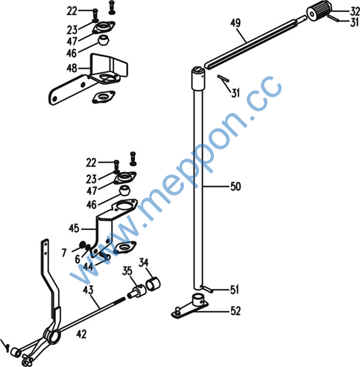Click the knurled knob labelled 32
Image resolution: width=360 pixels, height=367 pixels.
point(320,11)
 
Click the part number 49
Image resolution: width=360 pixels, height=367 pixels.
point(236,23)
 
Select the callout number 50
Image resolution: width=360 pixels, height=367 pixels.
point(236,186)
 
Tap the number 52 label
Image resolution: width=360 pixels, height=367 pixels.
point(236,311)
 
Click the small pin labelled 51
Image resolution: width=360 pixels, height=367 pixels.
point(208,289)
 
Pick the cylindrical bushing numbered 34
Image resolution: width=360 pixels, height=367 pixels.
point(154,283)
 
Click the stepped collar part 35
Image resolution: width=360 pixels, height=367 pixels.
point(136,292)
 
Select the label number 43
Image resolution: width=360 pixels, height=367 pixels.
point(88,290)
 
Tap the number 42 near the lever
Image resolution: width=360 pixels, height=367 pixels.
point(81,334)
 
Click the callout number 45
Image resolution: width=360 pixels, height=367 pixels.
point(74,229)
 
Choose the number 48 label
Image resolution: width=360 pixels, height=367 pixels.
point(72,68)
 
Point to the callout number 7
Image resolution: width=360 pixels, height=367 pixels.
point(64,253)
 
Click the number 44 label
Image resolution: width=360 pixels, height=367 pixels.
point(89,267)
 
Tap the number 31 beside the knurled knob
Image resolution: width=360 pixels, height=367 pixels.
point(354,22)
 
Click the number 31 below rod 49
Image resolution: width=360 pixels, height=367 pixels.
point(236,93)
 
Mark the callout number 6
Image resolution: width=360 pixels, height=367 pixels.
point(78,259)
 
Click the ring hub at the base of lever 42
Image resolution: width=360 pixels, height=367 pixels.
point(52,336)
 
